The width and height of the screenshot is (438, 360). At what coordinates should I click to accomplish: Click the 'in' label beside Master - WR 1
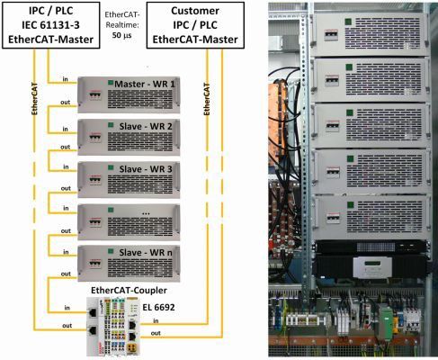(67, 79)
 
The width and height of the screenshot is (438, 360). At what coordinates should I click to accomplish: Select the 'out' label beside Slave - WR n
(66, 272)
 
